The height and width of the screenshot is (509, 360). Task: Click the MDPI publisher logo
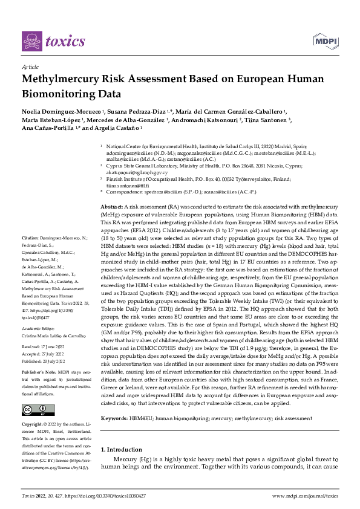tap(324, 41)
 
